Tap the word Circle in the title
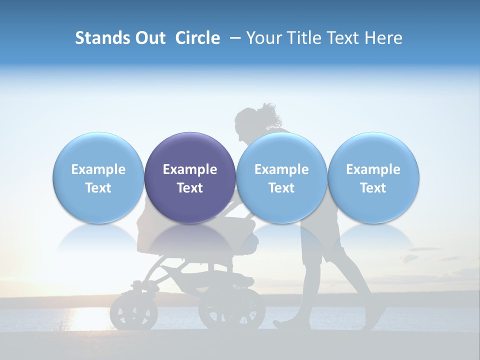197,38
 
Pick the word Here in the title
382,38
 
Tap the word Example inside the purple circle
190,169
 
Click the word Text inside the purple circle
190,188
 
